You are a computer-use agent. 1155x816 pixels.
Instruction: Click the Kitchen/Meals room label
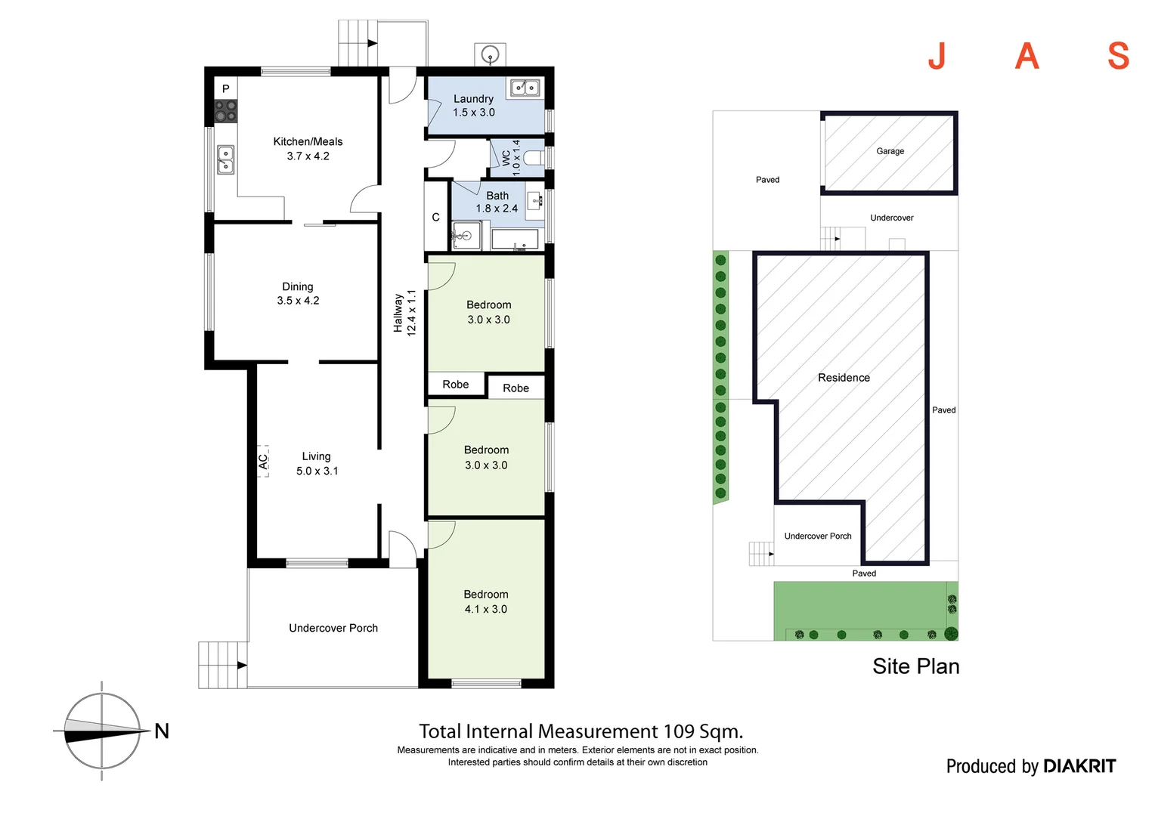pos(308,141)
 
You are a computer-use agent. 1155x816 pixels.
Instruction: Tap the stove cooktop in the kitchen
pos(225,111)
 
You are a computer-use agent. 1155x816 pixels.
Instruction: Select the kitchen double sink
pos(225,159)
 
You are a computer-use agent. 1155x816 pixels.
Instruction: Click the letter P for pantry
pos(225,89)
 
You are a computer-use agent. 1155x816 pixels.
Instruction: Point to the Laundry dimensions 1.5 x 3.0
pos(474,113)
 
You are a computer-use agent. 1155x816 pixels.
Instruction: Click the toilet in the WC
pos(533,158)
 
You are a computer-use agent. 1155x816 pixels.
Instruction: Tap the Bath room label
pos(497,196)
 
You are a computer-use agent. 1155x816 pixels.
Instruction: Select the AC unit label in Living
pos(263,460)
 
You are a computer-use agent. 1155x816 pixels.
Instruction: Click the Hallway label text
pos(398,313)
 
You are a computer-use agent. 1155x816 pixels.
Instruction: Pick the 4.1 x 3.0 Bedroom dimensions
pos(485,609)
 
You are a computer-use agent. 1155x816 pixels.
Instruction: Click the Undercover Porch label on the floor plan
pos(333,628)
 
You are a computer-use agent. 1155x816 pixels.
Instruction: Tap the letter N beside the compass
pos(162,731)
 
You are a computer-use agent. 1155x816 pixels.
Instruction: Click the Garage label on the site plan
pos(890,151)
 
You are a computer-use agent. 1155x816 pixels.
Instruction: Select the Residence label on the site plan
pos(844,378)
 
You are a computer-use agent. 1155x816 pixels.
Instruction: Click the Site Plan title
pos(915,666)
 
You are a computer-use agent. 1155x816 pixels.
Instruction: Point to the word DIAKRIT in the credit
pos(1079,766)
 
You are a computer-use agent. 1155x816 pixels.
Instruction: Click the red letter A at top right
pos(1026,56)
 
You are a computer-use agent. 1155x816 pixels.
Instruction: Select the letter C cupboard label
pos(435,217)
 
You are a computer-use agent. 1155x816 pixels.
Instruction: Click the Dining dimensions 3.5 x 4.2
pos(298,301)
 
